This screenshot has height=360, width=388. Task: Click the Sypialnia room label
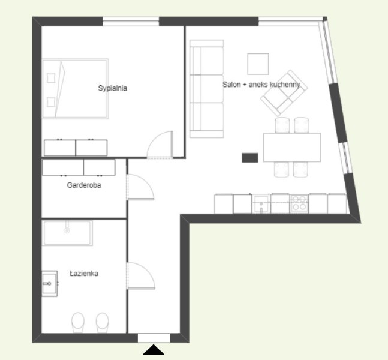pos(112,88)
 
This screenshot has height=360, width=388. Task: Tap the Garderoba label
pos(84,185)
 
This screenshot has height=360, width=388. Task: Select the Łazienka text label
pos(84,274)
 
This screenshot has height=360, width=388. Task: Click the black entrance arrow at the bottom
pos(154,350)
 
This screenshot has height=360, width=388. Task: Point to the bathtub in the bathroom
pos(67,233)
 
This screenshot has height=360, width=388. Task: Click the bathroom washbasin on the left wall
pos(50,283)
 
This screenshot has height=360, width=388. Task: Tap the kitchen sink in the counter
pos(261,204)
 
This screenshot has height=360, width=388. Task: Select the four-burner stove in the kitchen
pos(299,203)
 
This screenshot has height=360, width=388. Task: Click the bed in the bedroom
pos(75,89)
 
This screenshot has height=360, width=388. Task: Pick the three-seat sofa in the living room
pos(207,89)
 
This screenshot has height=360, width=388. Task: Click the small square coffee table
pos(258,64)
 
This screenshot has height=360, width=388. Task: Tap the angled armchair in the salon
pos(284,93)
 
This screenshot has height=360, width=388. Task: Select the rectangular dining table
pos(292,148)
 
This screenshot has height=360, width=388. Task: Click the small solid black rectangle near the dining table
pos(250,158)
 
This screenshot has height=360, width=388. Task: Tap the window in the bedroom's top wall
pos(131,21)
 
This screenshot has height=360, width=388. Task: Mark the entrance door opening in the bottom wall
pos(154,338)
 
